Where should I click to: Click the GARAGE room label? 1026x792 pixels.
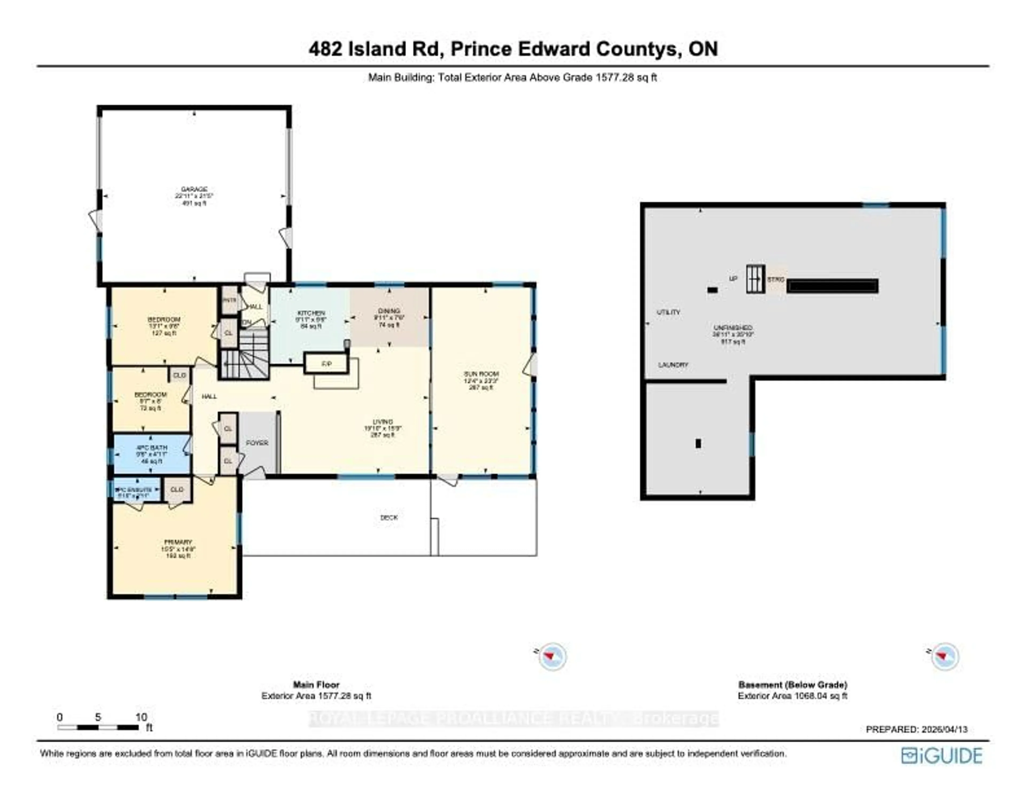point(194,189)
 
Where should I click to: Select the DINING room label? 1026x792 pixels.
point(389,311)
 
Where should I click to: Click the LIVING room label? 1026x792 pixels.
point(382,421)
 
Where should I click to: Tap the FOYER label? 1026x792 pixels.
point(257,443)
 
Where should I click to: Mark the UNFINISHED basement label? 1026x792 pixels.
point(733,328)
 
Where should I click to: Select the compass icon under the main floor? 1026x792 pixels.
point(553,656)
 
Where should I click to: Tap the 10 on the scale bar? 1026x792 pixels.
point(141,717)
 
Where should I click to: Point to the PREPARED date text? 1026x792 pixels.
point(916,729)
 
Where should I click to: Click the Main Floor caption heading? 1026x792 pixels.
point(316,684)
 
